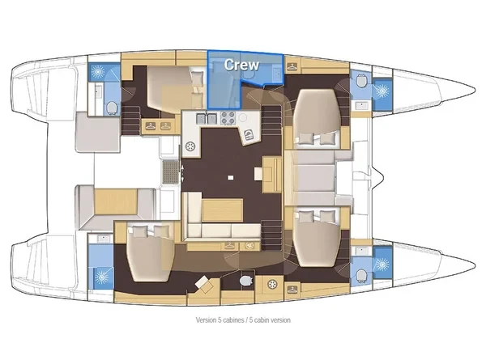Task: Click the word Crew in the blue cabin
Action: pyautogui.click(x=241, y=64)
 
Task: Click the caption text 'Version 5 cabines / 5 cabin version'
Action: pyautogui.click(x=243, y=320)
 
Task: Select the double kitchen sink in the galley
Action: pyautogui.click(x=207, y=120)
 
